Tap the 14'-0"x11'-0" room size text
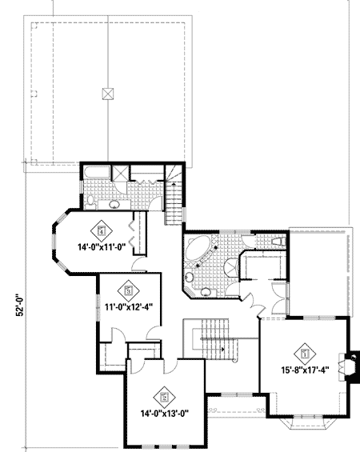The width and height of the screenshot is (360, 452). click(101, 246)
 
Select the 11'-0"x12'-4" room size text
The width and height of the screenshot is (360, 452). click(128, 305)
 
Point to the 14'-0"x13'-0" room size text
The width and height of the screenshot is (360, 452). click(165, 414)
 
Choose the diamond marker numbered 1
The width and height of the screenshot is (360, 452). click(305, 350)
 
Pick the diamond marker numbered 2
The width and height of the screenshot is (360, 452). click(166, 394)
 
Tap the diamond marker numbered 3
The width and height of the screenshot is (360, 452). click(128, 287)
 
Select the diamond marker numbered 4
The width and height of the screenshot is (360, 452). click(102, 226)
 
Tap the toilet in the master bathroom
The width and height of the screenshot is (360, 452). click(274, 241)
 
